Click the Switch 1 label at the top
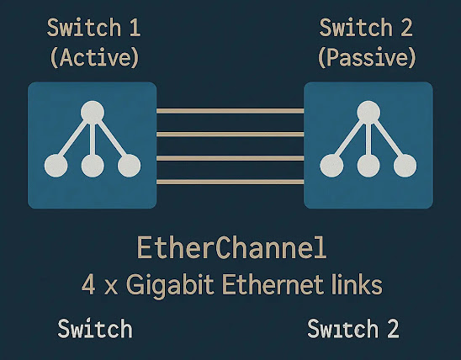click(x=93, y=29)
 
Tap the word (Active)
click(x=93, y=58)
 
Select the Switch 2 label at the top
click(x=368, y=29)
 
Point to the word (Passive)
click(x=368, y=58)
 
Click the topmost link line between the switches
click(x=230, y=111)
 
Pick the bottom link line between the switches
click(x=230, y=181)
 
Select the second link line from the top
click(x=230, y=134)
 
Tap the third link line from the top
click(x=230, y=157)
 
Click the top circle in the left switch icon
click(x=93, y=112)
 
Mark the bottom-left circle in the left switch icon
click(x=56, y=166)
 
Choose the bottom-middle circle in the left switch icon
click(x=93, y=166)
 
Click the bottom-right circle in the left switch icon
click(x=129, y=166)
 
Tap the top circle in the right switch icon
click(x=368, y=112)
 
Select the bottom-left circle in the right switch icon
click(x=331, y=166)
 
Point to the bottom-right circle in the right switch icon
click(x=404, y=166)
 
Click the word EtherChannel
click(x=231, y=249)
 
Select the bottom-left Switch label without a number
click(x=94, y=328)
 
